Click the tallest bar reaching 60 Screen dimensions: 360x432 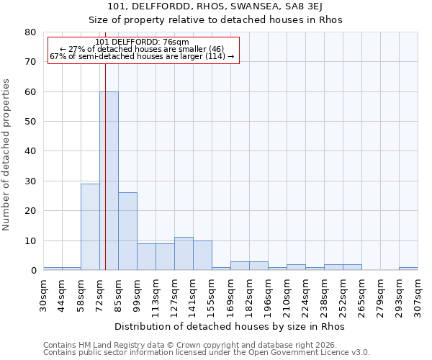pyautogui.click(x=109, y=181)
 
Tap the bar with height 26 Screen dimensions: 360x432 pyautogui.click(x=127, y=231)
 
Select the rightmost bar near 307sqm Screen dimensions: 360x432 pyautogui.click(x=408, y=269)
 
